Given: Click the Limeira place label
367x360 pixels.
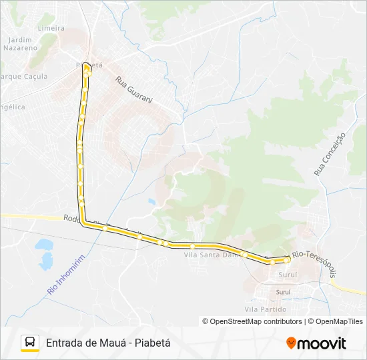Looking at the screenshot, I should [51, 28].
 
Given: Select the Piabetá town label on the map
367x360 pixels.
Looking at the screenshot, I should [89, 65].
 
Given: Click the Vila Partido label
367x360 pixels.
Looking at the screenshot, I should [261, 309].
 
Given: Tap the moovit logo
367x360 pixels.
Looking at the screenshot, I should [316, 343].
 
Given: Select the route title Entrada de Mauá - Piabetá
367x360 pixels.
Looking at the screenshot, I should [109, 343].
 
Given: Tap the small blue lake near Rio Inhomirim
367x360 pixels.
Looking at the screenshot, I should [45, 251].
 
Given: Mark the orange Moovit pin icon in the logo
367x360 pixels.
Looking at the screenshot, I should [291, 343].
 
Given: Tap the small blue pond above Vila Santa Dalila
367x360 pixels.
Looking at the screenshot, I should [152, 201].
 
